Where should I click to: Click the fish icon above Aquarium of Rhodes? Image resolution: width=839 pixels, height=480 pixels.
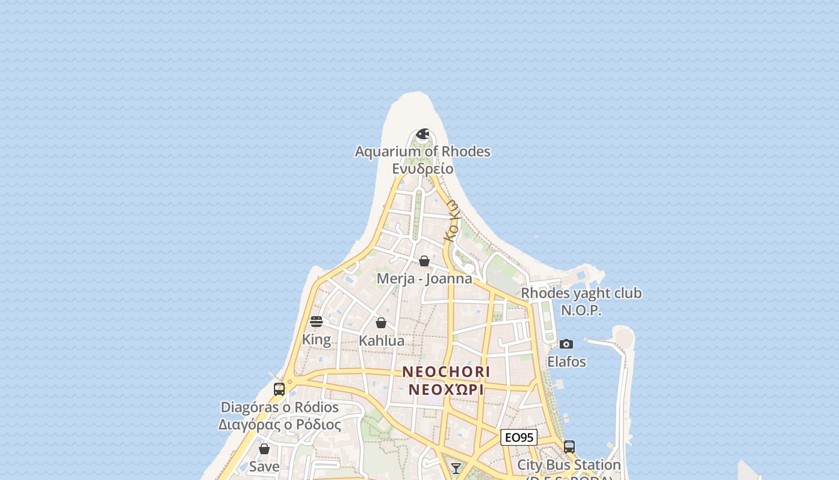click(x=422, y=134)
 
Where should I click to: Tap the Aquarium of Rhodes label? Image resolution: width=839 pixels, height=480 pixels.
click(x=422, y=152)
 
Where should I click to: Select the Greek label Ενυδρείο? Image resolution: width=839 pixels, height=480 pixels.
click(x=422, y=169)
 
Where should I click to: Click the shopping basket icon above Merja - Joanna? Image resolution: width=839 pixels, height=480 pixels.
click(x=424, y=261)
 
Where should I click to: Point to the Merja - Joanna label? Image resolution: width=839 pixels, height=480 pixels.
click(x=424, y=279)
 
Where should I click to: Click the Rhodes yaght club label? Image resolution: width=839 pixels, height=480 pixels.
click(x=581, y=293)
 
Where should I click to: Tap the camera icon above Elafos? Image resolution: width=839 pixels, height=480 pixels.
click(x=566, y=344)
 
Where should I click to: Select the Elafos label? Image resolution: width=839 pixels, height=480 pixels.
click(x=566, y=362)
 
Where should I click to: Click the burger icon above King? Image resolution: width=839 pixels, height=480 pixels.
click(x=316, y=322)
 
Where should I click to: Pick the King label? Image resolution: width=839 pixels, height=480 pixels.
click(x=316, y=340)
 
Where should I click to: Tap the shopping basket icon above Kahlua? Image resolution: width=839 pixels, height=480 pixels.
click(x=381, y=323)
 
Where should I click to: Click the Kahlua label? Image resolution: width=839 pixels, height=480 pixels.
click(x=381, y=341)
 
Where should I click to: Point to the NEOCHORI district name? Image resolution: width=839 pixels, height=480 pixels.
click(x=446, y=372)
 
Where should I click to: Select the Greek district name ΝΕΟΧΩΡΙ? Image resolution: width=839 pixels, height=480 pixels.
click(x=446, y=389)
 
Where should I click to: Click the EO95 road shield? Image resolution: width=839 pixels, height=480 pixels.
click(x=519, y=437)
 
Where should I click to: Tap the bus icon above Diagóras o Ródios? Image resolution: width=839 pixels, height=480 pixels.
click(x=279, y=389)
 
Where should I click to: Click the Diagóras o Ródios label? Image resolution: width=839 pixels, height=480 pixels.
click(x=280, y=407)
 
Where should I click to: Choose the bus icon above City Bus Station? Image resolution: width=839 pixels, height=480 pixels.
click(x=569, y=447)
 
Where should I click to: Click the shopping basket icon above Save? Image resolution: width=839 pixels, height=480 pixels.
click(x=264, y=449)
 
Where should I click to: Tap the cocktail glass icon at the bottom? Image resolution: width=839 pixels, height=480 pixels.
click(x=456, y=468)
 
